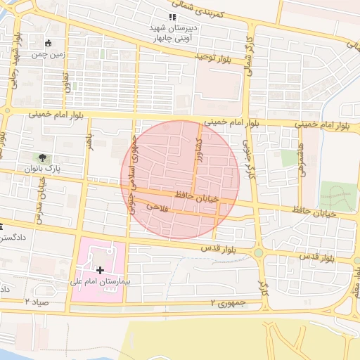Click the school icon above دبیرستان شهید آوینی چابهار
click(x=172, y=17)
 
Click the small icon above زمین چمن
click(x=48, y=43)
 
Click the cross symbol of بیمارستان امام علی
click(x=101, y=269)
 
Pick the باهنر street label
click(x=89, y=141)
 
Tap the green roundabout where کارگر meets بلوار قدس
click(x=258, y=252)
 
